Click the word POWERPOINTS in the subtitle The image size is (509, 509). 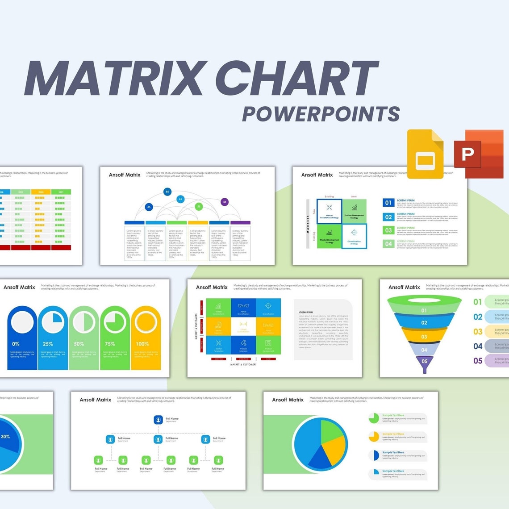pos(321,113)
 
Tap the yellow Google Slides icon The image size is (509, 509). pos(425,154)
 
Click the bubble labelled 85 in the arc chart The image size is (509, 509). pos(167,192)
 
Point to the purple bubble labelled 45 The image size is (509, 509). pos(225,202)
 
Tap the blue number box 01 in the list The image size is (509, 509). pos(388,203)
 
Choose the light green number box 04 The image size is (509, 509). pos(388,244)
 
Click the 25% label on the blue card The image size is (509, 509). pos(48,344)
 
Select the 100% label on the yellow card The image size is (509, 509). pos(142,344)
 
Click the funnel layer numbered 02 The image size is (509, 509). pos(424,322)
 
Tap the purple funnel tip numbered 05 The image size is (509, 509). pos(424,361)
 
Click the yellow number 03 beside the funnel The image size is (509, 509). pos(478,331)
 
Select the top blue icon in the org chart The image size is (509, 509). pos(158,420)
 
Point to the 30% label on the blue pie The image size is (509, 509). pos(5,436)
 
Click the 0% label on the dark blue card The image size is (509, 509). pos(16,344)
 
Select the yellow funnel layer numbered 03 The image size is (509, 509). pos(424,337)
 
